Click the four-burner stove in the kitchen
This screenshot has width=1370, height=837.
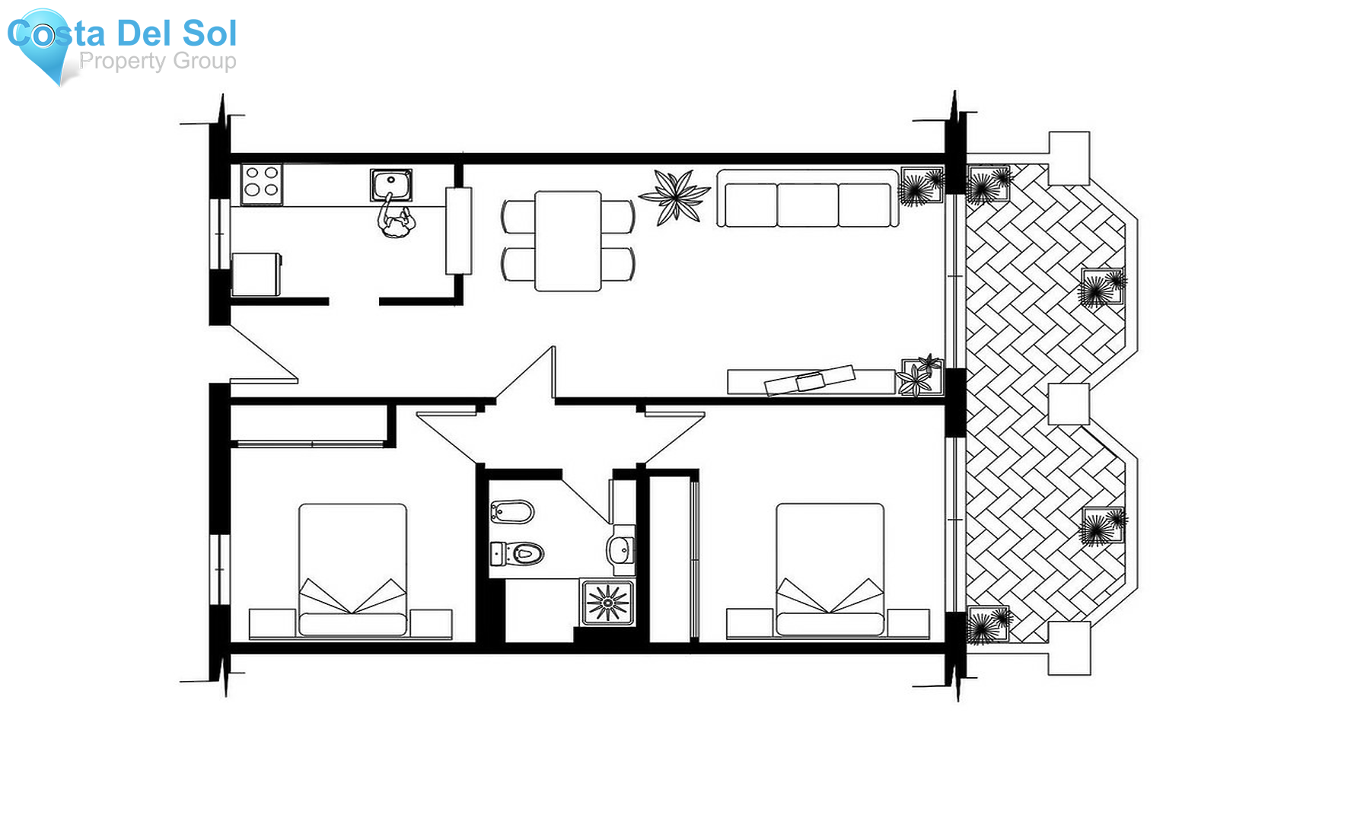point(261,183)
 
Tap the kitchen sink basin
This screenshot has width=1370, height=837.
point(391,185)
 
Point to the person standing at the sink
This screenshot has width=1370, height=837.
point(395,218)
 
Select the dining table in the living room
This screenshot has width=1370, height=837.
point(568,241)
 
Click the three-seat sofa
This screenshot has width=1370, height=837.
point(808,199)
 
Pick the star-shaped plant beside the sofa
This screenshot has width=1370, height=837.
point(674,197)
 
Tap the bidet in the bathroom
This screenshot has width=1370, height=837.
point(511,511)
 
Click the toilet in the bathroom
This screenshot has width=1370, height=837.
point(517,553)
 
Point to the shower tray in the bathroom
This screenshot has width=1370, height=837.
point(607,603)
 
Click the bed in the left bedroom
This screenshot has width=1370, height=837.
point(352,570)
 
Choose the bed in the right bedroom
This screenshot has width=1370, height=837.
point(830,570)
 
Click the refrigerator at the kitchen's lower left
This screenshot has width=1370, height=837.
point(256,275)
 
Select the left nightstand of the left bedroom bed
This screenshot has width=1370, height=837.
point(272,624)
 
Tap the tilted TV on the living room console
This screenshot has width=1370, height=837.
point(809,380)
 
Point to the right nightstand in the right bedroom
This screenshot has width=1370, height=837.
point(908,624)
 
